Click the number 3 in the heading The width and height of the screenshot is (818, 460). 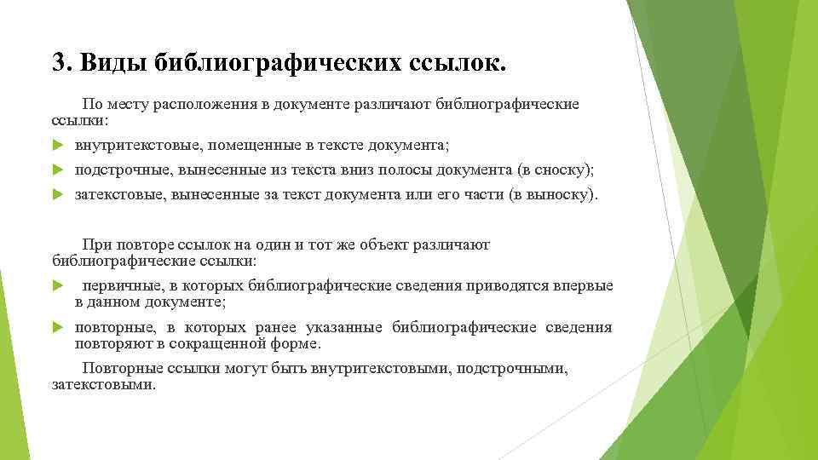59,62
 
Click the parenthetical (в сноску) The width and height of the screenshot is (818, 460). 550,170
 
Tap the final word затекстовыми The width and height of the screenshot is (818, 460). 104,385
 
